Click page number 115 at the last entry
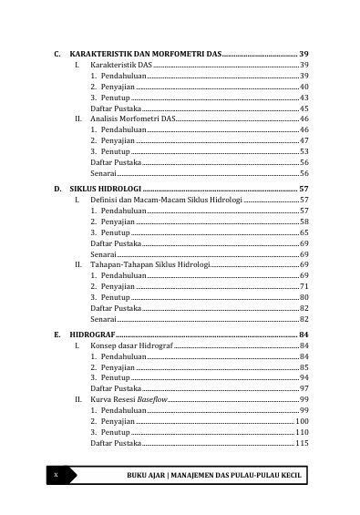303,442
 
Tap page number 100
303,421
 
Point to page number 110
303,432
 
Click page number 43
304,98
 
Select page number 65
304,232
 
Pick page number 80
304,296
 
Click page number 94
304,377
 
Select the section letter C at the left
57,55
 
